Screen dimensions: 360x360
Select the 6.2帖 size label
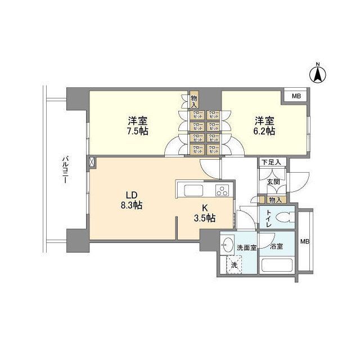tap(264, 130)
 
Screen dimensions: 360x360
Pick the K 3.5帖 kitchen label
tap(206, 213)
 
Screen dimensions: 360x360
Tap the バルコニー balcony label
tap(65, 174)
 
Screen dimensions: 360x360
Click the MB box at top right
tap(296, 96)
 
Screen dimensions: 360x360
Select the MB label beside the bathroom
tap(304, 242)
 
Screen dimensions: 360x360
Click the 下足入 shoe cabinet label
tap(273, 163)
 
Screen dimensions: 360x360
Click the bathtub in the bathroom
tap(276, 264)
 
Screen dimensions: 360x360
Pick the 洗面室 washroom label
tap(246, 247)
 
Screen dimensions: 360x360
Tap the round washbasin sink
tap(228, 245)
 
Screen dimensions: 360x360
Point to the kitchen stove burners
tap(222, 190)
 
